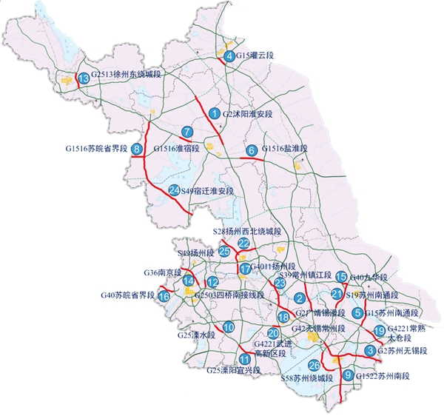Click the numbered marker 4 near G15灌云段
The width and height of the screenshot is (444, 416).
click(230, 56)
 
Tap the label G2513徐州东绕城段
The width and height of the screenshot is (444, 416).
click(131, 76)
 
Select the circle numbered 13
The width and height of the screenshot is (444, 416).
click(84, 78)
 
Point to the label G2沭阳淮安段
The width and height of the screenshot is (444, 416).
click(248, 114)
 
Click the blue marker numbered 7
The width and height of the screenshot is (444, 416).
click(188, 132)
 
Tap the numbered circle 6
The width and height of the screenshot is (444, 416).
click(252, 150)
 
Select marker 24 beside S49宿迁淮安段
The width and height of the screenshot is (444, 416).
click(174, 191)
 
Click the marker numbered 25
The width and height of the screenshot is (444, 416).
click(224, 252)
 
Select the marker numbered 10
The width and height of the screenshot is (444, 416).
click(229, 327)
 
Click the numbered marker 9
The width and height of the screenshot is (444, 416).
click(348, 375)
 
